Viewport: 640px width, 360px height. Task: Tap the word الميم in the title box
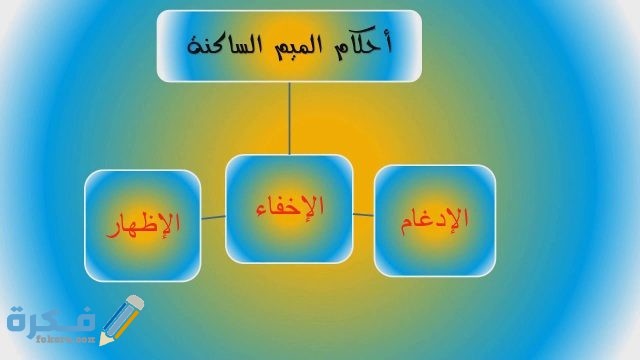[x=294, y=45]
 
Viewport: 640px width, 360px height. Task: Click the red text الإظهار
[x=143, y=221]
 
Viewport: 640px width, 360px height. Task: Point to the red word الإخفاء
[x=290, y=207]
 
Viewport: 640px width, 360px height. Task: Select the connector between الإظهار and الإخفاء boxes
[x=213, y=216]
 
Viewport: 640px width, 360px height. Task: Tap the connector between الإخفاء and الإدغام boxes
[x=364, y=213]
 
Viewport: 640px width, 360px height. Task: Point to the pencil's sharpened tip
[x=103, y=343]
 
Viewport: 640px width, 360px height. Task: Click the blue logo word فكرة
[x=50, y=322]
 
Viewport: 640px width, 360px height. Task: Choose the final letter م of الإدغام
[x=410, y=222]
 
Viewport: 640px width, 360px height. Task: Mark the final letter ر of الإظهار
[x=113, y=228]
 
